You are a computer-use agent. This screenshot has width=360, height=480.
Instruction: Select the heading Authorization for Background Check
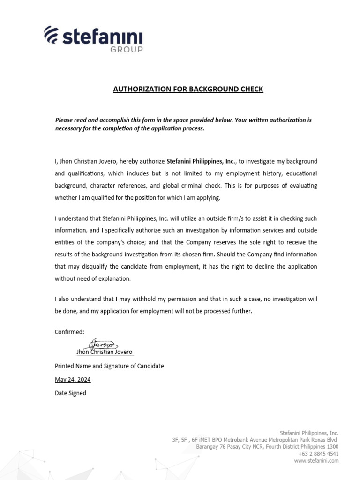point(188,89)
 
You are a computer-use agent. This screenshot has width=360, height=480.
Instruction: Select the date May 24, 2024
point(73,380)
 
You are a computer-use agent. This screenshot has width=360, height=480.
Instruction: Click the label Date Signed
point(70,393)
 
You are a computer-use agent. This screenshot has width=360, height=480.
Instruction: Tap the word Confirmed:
point(69,332)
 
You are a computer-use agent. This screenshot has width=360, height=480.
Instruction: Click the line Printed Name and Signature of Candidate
point(109,366)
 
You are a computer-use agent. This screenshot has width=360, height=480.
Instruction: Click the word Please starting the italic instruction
point(65,120)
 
